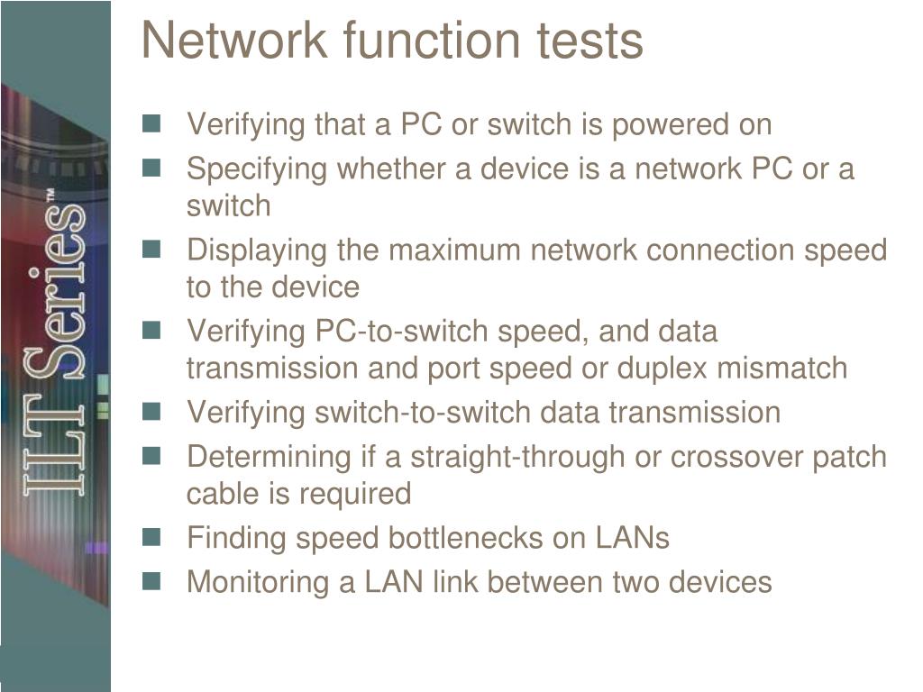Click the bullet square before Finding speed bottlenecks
pos(151,537)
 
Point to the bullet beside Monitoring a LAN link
pos(151,581)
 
